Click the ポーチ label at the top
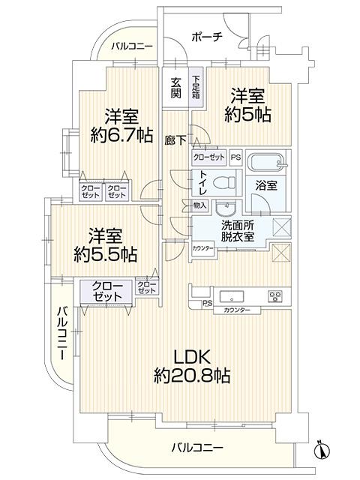[x=207, y=37]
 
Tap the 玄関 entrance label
[x=175, y=88]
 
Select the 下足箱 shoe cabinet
[x=196, y=87]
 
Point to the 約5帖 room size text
[x=247, y=115]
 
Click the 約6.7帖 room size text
[x=121, y=135]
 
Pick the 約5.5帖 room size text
[x=106, y=254]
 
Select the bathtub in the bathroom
[x=265, y=162]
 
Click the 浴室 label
[x=266, y=186]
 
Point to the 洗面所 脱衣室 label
[x=238, y=231]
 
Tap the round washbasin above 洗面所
[x=226, y=208]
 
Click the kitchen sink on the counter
[x=232, y=297]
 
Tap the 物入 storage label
[x=200, y=205]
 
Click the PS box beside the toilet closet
[x=235, y=157]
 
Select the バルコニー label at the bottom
[x=197, y=448]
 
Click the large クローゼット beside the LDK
[x=106, y=292]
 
